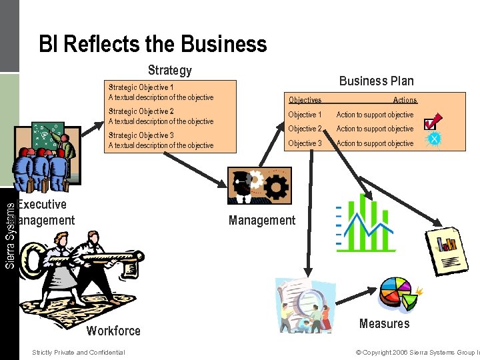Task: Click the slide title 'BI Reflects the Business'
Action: pyautogui.click(x=153, y=45)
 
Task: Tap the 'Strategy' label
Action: pyautogui.click(x=169, y=70)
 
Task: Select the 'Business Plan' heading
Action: pyautogui.click(x=376, y=81)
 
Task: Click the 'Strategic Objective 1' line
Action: pyautogui.click(x=141, y=87)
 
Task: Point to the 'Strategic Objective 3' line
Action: pyautogui.click(x=141, y=135)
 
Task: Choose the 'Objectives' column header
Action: pyautogui.click(x=305, y=100)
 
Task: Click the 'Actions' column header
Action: pyautogui.click(x=405, y=100)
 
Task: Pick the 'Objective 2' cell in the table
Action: pyautogui.click(x=305, y=129)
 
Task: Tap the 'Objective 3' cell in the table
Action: pyautogui.click(x=305, y=143)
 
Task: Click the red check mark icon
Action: pyautogui.click(x=431, y=122)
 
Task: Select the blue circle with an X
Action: pyautogui.click(x=434, y=139)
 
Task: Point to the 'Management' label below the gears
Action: pyautogui.click(x=262, y=220)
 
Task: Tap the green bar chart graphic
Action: pyautogui.click(x=365, y=223)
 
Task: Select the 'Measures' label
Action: pyautogui.click(x=384, y=323)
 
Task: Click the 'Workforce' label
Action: pyautogui.click(x=113, y=331)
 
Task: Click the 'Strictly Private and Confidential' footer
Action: pyautogui.click(x=78, y=352)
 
